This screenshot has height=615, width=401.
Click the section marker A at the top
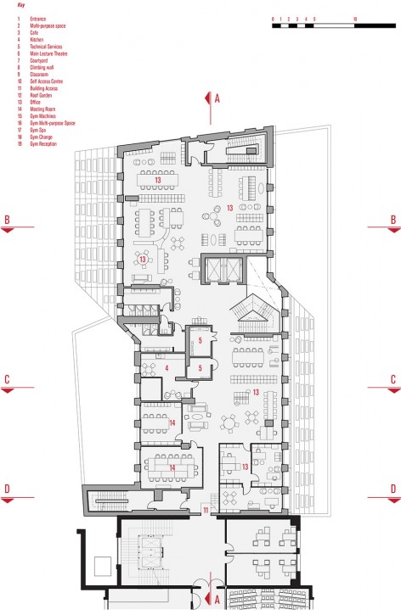pos(217,99)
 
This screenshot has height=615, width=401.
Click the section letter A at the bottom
pos(217,600)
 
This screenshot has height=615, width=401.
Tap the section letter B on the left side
pos(7,219)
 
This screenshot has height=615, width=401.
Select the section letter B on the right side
pos(393,219)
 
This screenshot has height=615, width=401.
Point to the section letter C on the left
pos(7,380)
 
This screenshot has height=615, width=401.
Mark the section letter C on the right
pos(393,380)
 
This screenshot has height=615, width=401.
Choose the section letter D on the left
pos(7,489)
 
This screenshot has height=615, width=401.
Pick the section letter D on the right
pos(393,489)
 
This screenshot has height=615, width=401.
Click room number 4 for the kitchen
pos(167,367)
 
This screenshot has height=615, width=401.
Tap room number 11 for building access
pos(206,509)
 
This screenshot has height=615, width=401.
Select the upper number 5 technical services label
pos(200,341)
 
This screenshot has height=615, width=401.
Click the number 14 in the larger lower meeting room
pos(172,467)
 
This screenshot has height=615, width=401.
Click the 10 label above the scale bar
pos(353,17)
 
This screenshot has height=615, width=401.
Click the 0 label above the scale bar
pos(274,17)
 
